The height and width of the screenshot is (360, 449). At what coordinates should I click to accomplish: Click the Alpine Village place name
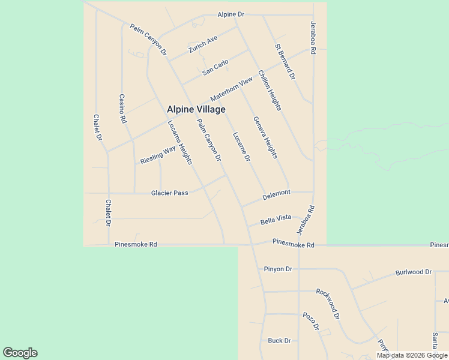tap(196, 109)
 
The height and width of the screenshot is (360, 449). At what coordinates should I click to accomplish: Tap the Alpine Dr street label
tap(231, 14)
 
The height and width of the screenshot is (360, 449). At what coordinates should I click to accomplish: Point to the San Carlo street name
tap(215, 67)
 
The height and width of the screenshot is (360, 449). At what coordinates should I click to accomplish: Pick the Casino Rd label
tap(122, 109)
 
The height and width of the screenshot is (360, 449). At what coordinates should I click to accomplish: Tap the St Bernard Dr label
tap(285, 61)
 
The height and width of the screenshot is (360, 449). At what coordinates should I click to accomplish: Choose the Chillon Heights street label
tap(270, 91)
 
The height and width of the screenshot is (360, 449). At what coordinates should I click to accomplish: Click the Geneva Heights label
tap(265, 137)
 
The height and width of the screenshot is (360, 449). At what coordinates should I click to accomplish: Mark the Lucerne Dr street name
tap(241, 147)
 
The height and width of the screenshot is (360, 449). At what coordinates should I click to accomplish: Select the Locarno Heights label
tap(179, 142)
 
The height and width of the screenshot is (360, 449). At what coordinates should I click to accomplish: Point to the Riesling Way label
tap(158, 154)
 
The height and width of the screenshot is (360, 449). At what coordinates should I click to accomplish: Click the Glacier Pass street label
tap(169, 193)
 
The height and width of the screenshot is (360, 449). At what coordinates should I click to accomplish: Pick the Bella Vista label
tap(276, 220)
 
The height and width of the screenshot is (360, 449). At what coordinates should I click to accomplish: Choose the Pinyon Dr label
tap(277, 269)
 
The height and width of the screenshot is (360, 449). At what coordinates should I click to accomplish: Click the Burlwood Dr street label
tap(414, 272)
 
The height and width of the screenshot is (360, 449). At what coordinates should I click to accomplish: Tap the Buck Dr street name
tap(279, 340)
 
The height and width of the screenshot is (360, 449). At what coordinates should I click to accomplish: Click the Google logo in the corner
tap(20, 353)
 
